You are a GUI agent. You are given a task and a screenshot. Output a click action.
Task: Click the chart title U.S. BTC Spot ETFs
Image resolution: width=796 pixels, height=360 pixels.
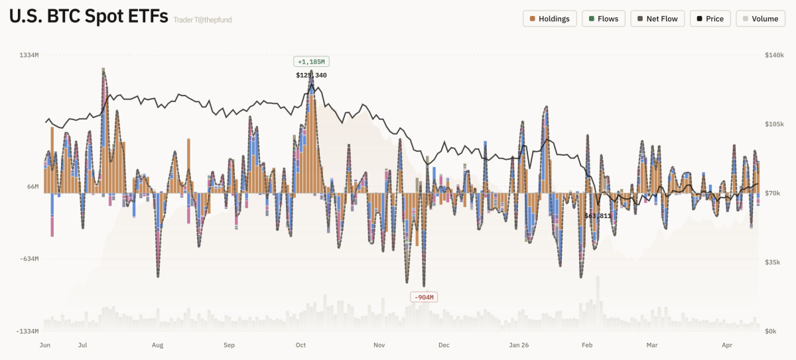(x=88, y=18)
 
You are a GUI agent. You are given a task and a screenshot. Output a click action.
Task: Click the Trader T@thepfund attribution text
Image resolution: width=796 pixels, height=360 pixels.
(x=202, y=20)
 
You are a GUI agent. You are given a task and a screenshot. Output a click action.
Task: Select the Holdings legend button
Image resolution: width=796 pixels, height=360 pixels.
(x=549, y=19)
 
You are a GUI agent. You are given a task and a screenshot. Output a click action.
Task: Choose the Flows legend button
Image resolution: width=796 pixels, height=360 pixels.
(x=602, y=19)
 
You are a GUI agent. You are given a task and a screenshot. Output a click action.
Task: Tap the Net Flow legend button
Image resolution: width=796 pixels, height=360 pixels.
(x=657, y=19)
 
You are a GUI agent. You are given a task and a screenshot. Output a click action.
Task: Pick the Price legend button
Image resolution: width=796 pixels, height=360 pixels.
(x=710, y=19)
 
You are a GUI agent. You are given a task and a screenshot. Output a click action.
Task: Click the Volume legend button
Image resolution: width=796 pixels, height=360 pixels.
(x=760, y=19)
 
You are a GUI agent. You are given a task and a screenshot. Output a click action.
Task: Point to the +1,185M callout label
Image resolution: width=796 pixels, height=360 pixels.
(x=311, y=62)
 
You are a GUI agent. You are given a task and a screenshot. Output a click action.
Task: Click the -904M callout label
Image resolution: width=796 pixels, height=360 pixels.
(x=425, y=297)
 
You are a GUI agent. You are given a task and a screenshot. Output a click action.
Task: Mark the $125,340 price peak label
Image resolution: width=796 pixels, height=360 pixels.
(x=311, y=75)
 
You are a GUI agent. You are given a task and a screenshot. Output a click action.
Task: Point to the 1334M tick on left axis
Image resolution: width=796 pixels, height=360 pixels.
(x=29, y=55)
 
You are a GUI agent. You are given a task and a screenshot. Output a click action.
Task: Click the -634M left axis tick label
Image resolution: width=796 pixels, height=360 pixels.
(x=29, y=259)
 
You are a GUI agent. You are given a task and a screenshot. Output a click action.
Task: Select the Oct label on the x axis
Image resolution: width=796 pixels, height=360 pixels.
(x=300, y=345)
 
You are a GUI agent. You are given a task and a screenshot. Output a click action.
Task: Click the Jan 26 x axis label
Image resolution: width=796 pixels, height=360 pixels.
(x=519, y=345)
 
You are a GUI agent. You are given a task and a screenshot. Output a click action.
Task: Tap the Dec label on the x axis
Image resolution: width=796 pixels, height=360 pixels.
(x=444, y=345)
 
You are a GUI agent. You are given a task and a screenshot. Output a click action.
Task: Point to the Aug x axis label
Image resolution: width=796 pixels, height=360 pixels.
(x=157, y=345)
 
